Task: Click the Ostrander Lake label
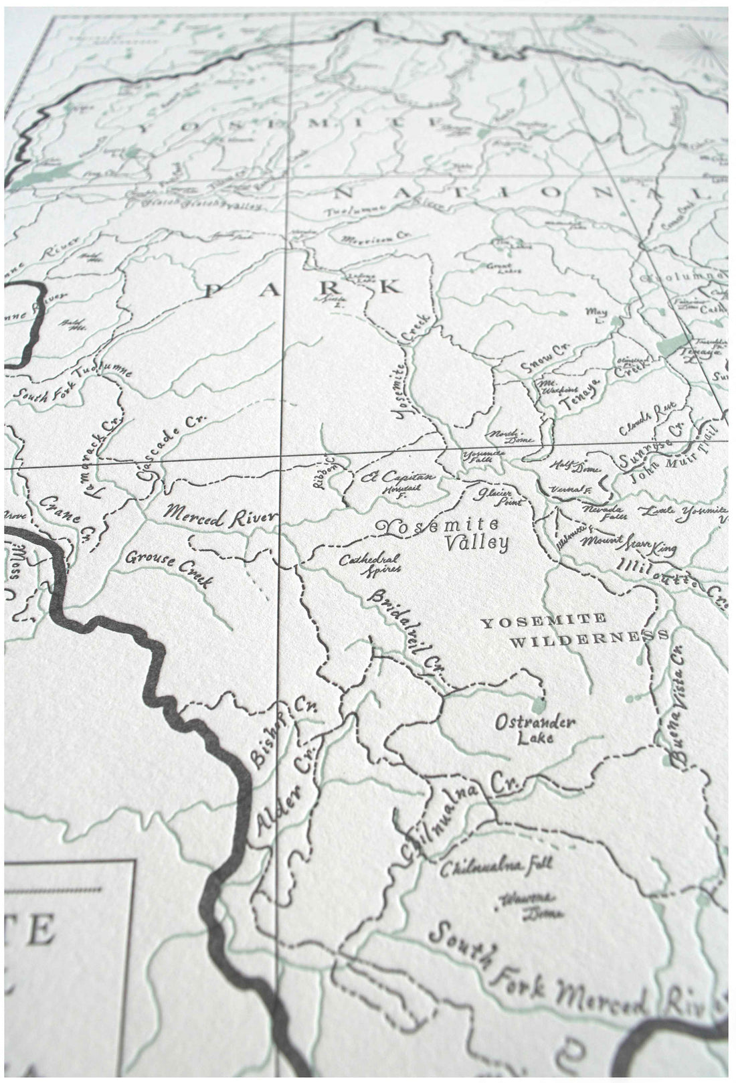click(535, 730)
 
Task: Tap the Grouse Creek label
click(170, 568)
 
